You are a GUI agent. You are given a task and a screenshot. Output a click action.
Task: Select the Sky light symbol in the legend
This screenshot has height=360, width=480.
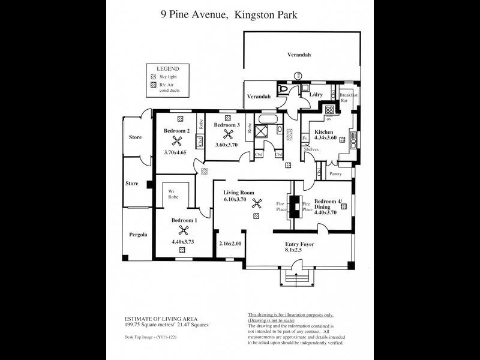click(x=153, y=77)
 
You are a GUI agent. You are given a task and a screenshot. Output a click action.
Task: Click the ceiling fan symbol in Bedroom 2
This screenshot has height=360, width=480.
click(x=177, y=141)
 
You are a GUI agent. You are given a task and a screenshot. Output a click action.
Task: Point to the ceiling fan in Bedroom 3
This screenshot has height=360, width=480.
click(x=227, y=134)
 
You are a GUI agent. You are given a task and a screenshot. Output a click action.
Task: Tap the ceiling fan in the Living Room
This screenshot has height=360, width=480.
click(x=257, y=203)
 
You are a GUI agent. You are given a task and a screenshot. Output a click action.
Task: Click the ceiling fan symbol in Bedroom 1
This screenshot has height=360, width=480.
click(x=183, y=230)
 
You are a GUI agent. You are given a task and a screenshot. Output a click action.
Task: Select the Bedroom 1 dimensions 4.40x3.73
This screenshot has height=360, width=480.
click(x=182, y=242)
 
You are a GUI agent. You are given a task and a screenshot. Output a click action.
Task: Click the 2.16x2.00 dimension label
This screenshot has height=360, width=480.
click(x=230, y=244)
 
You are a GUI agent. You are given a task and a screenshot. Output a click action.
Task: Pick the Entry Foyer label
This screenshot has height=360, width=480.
click(x=299, y=245)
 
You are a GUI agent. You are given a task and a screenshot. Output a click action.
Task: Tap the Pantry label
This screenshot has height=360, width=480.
click(x=335, y=174)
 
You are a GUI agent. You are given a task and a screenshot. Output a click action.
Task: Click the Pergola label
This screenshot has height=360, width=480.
click(x=137, y=235)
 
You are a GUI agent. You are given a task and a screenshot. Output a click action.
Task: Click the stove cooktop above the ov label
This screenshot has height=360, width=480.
click(x=329, y=110)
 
